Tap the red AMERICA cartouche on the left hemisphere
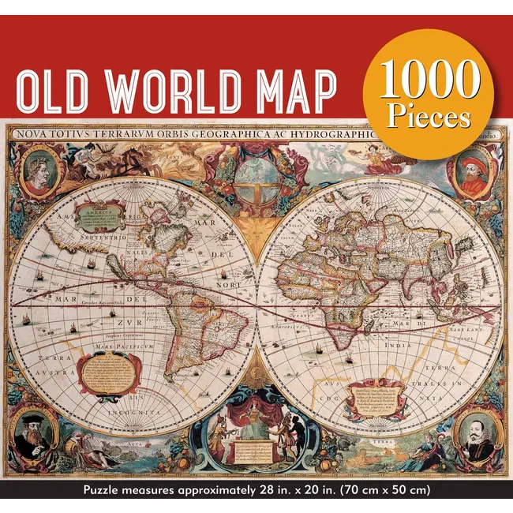(x=101, y=212)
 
